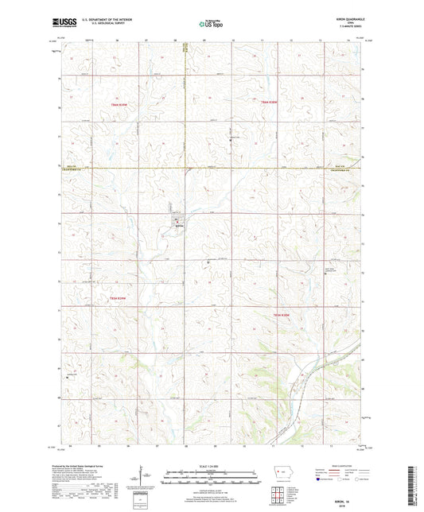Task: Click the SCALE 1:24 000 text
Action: pos(212,466)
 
